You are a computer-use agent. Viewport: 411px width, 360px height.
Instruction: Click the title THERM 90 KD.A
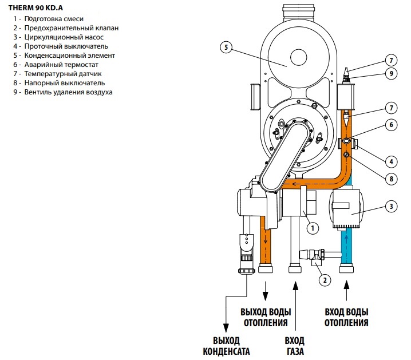[35, 8]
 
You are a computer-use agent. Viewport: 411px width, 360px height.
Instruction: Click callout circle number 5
[226, 48]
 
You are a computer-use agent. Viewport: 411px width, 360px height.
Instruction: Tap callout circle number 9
[392, 73]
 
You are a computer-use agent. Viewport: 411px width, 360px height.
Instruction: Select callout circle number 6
[392, 124]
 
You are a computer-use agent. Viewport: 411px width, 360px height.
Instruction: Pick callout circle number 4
[392, 161]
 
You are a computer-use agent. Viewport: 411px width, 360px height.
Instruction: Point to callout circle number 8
[392, 179]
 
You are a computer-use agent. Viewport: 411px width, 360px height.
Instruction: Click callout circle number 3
[392, 207]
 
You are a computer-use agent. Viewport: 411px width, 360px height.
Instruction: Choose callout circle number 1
[313, 228]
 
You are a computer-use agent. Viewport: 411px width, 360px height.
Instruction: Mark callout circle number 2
[325, 280]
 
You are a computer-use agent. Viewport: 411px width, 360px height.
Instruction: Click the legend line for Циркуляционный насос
[58, 37]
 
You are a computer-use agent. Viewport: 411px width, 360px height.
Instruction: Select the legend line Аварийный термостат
[56, 65]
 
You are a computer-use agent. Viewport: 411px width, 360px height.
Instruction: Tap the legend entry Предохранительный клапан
[66, 28]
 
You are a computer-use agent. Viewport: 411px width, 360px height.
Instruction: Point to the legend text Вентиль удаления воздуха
[63, 92]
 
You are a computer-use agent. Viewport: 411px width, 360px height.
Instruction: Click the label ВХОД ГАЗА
[295, 346]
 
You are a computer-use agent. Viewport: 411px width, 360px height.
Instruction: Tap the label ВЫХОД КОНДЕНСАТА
[226, 346]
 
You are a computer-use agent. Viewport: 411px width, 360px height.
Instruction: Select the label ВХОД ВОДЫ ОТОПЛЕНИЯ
[346, 317]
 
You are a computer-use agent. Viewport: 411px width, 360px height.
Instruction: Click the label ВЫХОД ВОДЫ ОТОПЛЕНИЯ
[266, 317]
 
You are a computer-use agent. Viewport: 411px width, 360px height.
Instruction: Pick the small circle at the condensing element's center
[299, 57]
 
